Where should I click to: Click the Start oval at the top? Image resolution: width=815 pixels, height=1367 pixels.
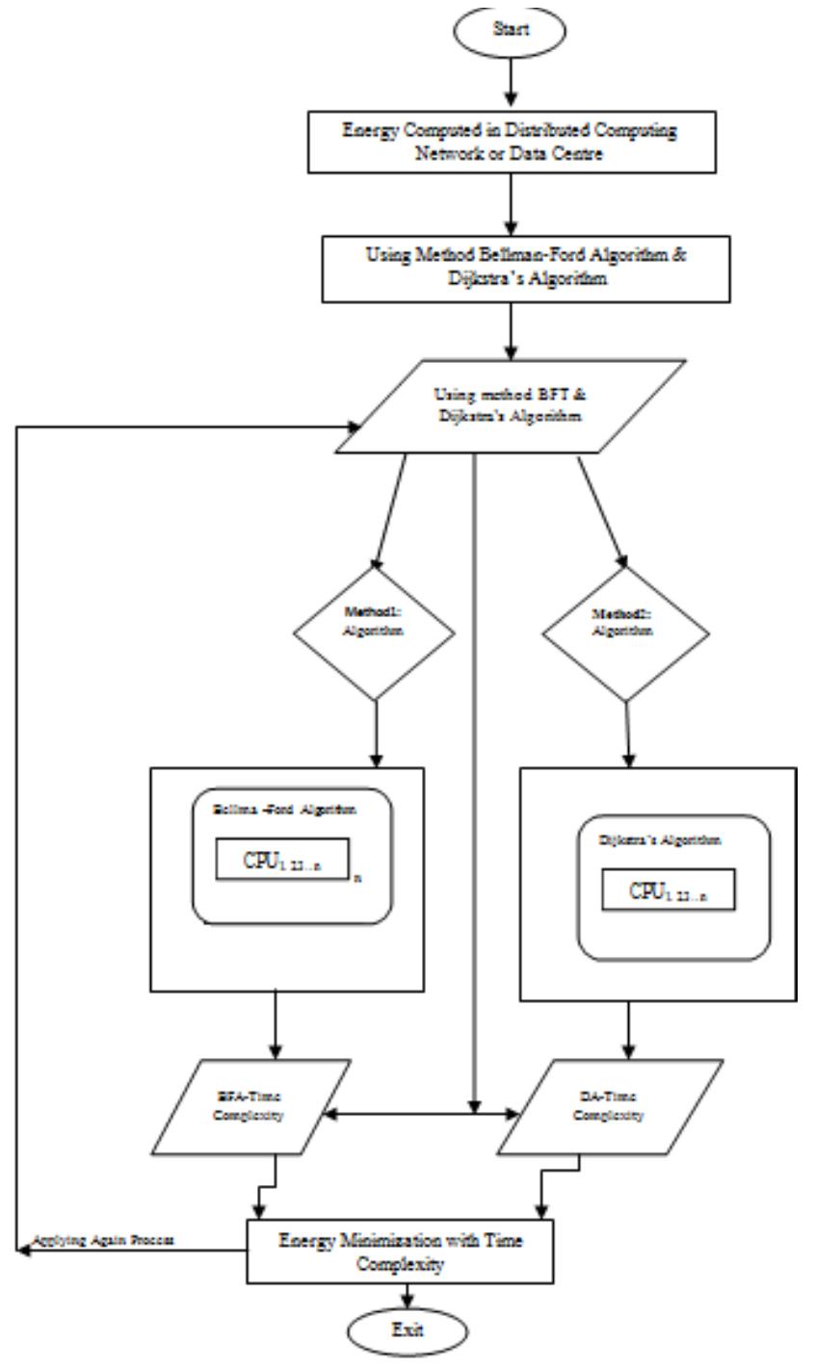click(512, 28)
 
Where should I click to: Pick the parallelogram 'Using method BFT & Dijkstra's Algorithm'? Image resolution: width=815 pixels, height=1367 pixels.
click(510, 406)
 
